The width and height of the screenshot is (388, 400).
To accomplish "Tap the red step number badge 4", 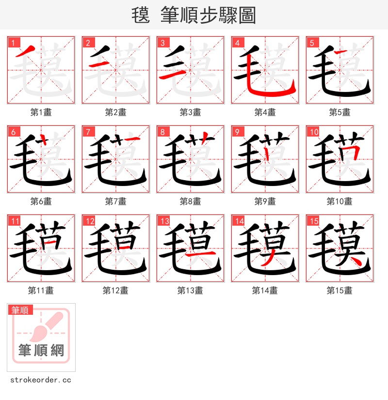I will coord(237,43).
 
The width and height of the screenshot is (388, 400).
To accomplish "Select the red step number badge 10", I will coord(313,132).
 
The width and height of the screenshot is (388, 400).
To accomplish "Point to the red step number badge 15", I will coord(313,221).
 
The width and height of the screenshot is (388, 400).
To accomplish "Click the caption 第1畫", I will coord(41,112).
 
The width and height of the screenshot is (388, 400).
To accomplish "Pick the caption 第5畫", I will coord(340,112).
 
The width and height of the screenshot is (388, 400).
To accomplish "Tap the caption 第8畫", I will coord(191,201).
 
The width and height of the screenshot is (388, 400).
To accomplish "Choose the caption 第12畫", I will coord(116,291).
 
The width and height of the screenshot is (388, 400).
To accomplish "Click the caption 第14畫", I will coord(265,291).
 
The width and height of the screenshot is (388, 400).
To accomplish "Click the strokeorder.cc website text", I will coord(41,380).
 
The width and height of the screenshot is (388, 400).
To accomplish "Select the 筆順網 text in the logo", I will coord(41,350).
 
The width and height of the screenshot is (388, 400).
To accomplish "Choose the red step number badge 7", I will coord(88,132).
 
